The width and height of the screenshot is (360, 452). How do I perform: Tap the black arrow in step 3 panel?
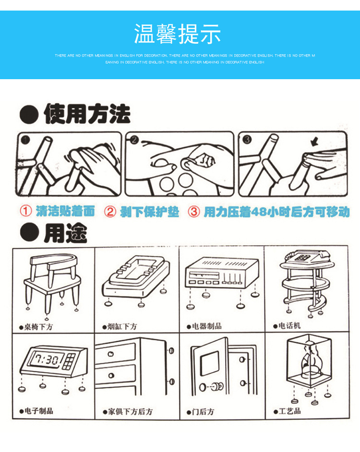click(315, 142)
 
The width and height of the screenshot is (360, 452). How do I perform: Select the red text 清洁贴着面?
click(65, 211)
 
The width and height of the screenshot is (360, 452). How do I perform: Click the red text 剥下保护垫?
click(148, 212)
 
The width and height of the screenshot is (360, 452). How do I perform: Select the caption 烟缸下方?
click(122, 326)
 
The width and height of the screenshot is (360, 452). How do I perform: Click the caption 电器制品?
click(206, 326)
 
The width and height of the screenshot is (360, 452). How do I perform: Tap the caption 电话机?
click(289, 325)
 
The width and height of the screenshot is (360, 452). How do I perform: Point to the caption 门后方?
click(203, 412)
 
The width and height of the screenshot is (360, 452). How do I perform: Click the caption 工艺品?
click(290, 411)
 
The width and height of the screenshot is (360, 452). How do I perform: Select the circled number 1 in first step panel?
click(25, 140)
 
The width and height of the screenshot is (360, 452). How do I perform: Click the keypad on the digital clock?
click(71, 358)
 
